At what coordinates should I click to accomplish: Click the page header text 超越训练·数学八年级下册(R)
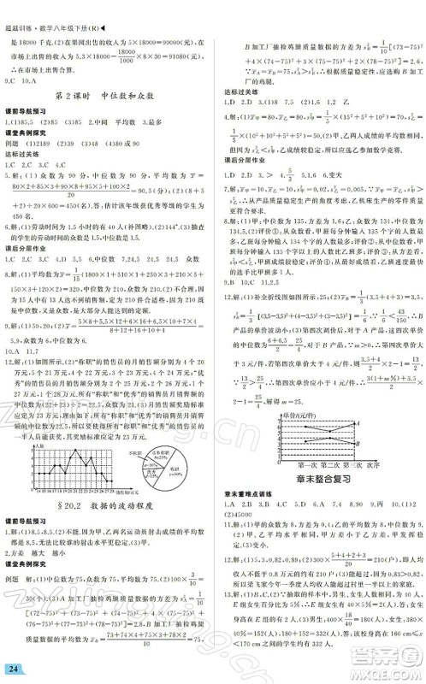pyautogui.click(x=53, y=7)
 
